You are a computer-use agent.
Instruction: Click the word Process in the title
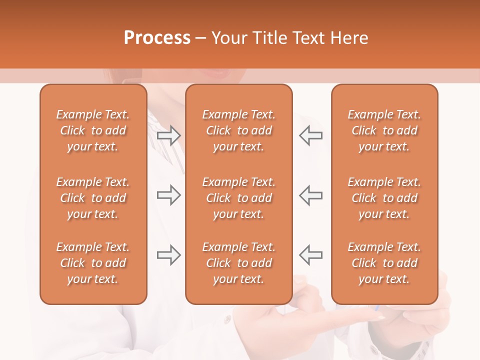157,37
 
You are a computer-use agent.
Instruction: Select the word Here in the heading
349,37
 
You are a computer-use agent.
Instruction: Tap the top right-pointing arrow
168,135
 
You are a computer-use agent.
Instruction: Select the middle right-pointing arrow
168,195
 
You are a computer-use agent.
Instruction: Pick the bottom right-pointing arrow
168,255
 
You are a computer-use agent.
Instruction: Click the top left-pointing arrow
311,135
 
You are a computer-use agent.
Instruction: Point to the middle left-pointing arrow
311,195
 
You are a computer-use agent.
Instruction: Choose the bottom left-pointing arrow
311,255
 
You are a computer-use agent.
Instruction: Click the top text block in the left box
93,130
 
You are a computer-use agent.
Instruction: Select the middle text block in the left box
93,198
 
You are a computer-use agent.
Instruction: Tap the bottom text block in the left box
93,263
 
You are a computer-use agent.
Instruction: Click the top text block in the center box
238,130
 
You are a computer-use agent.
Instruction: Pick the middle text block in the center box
238,198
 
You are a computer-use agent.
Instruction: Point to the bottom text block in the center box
238,263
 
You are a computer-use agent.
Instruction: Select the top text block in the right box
384,130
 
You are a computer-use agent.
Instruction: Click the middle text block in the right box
384,198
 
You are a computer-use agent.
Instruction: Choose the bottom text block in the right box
384,263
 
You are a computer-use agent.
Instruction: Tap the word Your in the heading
230,37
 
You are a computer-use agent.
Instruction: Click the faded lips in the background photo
216,74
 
